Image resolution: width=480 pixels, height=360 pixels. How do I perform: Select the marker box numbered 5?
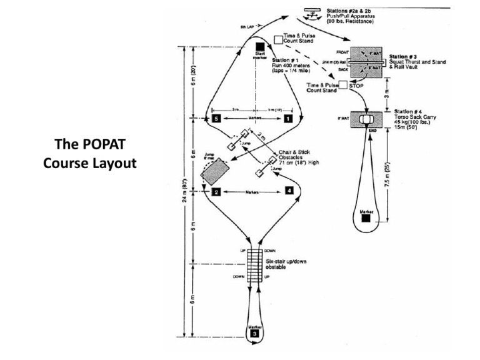[216, 117]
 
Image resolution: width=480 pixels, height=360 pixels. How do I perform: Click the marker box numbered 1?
[287, 117]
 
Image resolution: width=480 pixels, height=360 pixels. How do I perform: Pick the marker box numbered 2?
[215, 192]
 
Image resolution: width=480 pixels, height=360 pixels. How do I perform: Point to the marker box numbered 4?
[289, 190]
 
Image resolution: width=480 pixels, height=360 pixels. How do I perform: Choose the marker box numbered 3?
[254, 334]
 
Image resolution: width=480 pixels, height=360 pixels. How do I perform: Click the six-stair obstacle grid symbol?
[254, 266]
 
